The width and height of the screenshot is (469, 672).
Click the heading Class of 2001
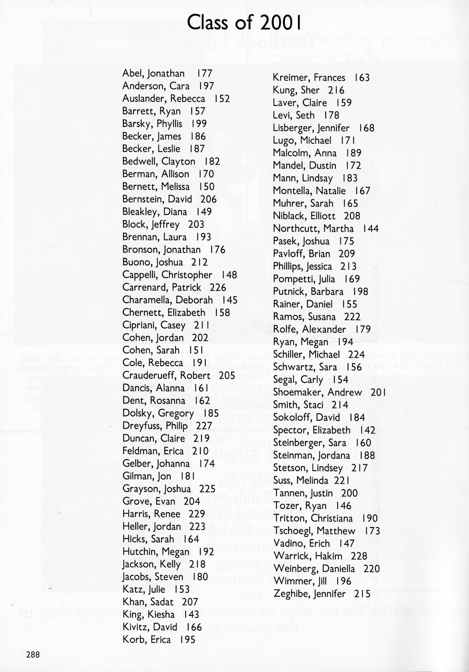pyautogui.click(x=244, y=23)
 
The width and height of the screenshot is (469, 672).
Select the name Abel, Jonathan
pyautogui.click(x=153, y=73)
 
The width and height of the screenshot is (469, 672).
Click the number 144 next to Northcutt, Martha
pyautogui.click(x=371, y=228)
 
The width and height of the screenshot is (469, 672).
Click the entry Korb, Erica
pyautogui.click(x=146, y=639)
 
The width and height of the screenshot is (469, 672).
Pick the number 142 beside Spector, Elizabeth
pyautogui.click(x=367, y=430)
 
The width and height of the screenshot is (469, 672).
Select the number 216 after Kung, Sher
pyautogui.click(x=336, y=90)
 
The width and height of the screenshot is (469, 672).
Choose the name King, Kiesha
pyautogui.click(x=148, y=614)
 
